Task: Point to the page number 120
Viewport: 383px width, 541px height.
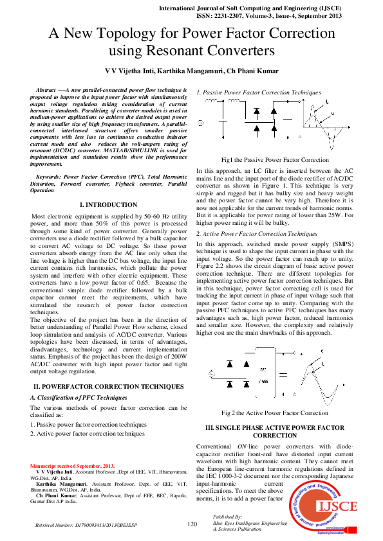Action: pyautogui.click(x=191, y=524)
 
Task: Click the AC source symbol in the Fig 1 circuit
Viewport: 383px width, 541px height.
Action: pyautogui.click(x=200, y=123)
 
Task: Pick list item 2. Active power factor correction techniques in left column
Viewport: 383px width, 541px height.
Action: pyautogui.click(x=88, y=434)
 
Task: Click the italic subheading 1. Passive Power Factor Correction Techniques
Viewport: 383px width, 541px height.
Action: pyautogui.click(x=258, y=93)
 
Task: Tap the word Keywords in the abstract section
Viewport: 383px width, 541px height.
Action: pyautogui.click(x=49, y=175)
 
